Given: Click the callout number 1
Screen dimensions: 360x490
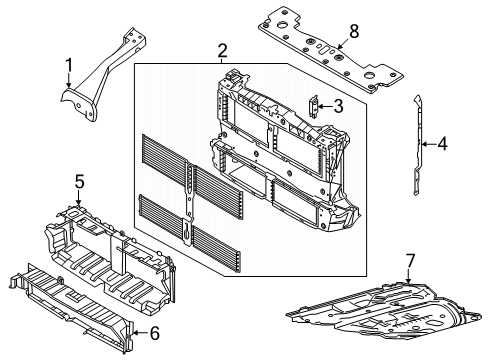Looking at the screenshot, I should point(69,68).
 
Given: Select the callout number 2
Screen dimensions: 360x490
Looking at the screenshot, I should point(223,51).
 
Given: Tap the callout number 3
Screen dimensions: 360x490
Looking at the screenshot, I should point(339,105).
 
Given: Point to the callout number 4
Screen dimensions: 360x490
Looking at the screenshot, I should point(443,145).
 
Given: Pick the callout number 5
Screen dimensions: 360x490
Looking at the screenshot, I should point(79,182).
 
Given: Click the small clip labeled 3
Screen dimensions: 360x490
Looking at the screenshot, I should point(314,105).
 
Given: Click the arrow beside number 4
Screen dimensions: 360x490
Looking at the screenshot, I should point(428,145).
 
